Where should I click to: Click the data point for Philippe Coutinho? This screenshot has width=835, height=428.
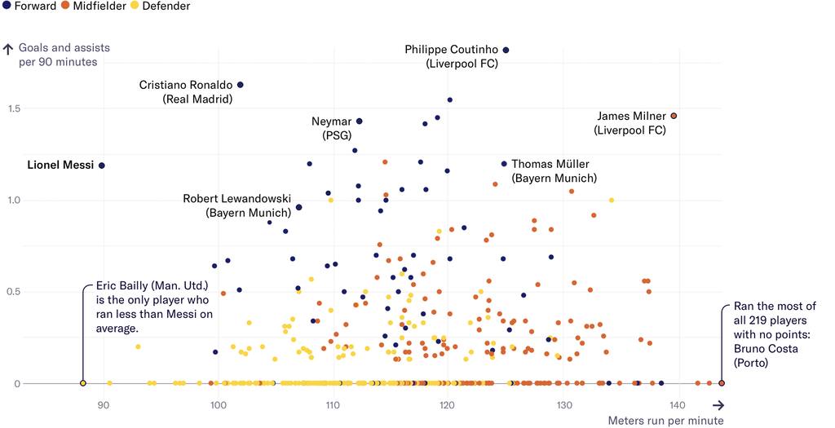pos(506,50)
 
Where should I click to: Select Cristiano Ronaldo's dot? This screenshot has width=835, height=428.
pos(240,85)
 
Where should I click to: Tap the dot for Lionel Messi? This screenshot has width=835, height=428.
pos(102,165)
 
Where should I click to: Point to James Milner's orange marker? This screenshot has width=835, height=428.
pos(674,116)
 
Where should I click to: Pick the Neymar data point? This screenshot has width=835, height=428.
pos(359,121)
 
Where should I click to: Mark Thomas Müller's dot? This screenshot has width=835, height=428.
pos(504,164)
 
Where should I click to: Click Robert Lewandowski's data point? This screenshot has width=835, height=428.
pos(298,207)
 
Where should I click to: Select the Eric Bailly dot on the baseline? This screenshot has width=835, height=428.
pos(82,383)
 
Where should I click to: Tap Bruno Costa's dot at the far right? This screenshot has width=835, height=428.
pos(722,383)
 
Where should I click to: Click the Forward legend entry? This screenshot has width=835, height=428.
pos(30,7)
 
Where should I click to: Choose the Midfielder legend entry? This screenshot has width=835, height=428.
pos(95,7)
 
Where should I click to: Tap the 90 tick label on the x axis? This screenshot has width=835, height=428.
pos(103,404)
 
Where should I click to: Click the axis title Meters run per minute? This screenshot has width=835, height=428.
pos(665,421)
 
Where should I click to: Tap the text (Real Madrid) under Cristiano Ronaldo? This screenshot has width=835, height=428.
pos(197,99)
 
